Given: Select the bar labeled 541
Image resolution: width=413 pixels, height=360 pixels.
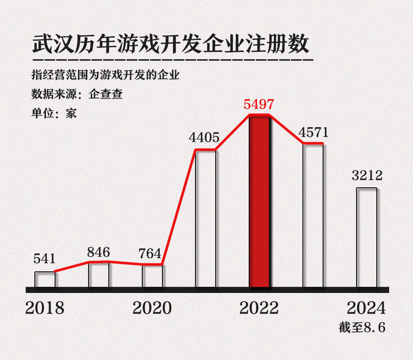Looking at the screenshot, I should [x=45, y=279].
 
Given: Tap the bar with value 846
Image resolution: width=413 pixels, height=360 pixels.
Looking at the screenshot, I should [x=99, y=275].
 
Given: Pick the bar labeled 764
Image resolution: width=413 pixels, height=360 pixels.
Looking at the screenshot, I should [x=152, y=276].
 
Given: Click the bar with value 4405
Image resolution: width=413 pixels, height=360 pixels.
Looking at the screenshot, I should [x=206, y=219].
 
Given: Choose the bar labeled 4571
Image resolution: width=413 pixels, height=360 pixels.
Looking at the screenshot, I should [x=313, y=216].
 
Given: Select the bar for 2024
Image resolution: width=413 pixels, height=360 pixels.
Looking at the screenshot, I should [x=367, y=237].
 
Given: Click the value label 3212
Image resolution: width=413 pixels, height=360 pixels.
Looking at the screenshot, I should [x=367, y=176].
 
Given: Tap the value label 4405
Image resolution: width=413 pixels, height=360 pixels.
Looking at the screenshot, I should [x=204, y=137].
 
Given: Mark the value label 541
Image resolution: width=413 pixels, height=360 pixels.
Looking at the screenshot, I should [x=44, y=259].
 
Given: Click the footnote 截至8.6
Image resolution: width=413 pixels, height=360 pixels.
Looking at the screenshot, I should [x=362, y=328].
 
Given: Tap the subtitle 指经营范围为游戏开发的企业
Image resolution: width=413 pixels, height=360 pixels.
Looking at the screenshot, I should [x=105, y=75].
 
